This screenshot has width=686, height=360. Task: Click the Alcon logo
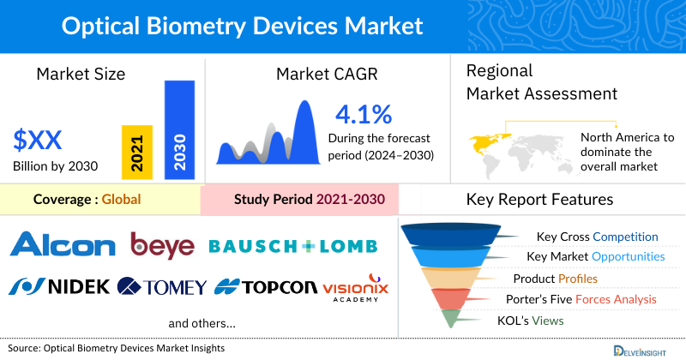pyautogui.click(x=63, y=247)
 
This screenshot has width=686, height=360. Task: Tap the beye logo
pyautogui.click(x=162, y=246)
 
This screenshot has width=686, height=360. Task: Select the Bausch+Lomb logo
pyautogui.click(x=292, y=247)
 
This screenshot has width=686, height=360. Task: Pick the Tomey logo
pyautogui.click(x=162, y=286)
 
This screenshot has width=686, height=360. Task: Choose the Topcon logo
pyautogui.click(x=263, y=286)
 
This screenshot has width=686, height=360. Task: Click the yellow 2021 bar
pyautogui.click(x=137, y=152)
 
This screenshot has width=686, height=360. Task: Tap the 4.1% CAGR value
pyautogui.click(x=363, y=114)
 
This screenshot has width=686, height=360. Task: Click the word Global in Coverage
pyautogui.click(x=121, y=200)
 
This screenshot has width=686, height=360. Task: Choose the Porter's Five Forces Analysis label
pyautogui.click(x=584, y=299)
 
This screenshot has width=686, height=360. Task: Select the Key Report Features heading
pyautogui.click(x=539, y=200)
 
